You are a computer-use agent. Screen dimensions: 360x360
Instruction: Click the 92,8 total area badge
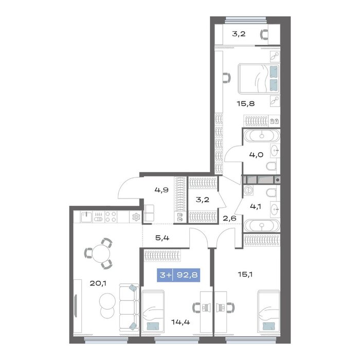[178, 275]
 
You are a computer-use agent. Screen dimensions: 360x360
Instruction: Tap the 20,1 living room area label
[98, 283]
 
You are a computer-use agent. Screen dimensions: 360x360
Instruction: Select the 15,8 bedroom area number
[246, 104]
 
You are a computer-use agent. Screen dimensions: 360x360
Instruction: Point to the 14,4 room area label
[181, 322]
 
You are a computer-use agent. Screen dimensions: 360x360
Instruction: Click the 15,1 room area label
[245, 274]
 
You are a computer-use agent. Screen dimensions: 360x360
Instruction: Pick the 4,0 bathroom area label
[256, 155]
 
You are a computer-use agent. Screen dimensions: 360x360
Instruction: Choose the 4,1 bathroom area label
[256, 207]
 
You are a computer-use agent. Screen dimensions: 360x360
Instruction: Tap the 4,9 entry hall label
[162, 190]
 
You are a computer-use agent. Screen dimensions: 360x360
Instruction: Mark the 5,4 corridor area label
[163, 238]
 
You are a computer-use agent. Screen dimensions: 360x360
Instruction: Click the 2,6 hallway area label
[229, 219]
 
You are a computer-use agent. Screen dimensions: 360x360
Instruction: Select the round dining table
[101, 254]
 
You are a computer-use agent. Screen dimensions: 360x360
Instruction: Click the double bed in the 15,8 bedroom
[259, 79]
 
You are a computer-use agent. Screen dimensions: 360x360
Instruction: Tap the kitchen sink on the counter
[86, 217]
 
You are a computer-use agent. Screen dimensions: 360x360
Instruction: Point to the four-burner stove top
[111, 217]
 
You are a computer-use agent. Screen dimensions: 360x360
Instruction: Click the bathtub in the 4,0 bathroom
[262, 136]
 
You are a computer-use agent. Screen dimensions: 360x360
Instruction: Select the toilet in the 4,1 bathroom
[273, 192]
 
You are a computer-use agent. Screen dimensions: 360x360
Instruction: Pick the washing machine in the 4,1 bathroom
[248, 190]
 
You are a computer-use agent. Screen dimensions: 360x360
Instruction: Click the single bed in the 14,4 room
[153, 311]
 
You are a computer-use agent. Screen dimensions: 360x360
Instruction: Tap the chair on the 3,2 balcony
[264, 34]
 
